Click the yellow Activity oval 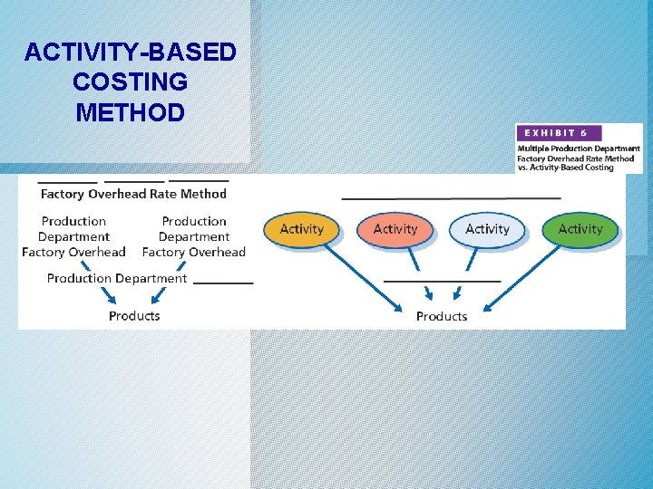pyautogui.click(x=301, y=229)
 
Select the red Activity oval pyautogui.click(x=395, y=229)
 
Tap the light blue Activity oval pyautogui.click(x=487, y=229)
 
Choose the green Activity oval pyautogui.click(x=580, y=229)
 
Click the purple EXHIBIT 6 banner pyautogui.click(x=559, y=132)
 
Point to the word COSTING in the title pyautogui.click(x=130, y=82)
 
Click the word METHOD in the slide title pyautogui.click(x=130, y=113)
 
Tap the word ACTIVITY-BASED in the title pyautogui.click(x=130, y=53)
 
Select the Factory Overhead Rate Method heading pyautogui.click(x=133, y=193)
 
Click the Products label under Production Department pyautogui.click(x=134, y=316)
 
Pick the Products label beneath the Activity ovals pyautogui.click(x=442, y=316)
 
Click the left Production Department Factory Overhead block pyautogui.click(x=73, y=236)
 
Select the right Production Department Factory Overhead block pyautogui.click(x=194, y=236)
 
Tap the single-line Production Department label pyautogui.click(x=117, y=279)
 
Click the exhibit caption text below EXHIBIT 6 pyautogui.click(x=579, y=158)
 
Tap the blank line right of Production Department pyautogui.click(x=223, y=283)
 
